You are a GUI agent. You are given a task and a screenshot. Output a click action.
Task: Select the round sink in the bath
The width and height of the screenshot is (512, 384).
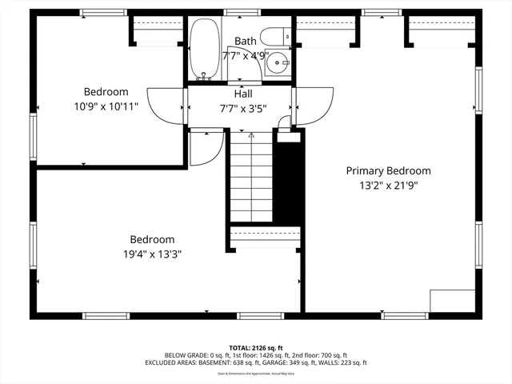(278, 62)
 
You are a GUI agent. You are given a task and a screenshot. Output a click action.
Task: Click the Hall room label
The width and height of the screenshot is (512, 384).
(244, 94)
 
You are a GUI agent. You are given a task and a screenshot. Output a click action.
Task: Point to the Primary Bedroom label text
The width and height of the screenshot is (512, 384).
(388, 170)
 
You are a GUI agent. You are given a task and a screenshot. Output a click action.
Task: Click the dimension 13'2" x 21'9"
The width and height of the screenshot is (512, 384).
(388, 186)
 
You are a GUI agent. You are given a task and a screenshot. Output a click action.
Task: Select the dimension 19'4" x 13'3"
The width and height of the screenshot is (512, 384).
(152, 254)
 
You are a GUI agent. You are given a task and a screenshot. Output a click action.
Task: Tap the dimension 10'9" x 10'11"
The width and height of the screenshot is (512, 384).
(106, 106)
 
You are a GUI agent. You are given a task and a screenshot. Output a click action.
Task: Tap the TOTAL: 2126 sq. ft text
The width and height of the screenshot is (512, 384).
(255, 348)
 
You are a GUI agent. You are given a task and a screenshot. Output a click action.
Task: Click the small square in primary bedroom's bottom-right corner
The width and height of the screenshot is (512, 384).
(453, 301)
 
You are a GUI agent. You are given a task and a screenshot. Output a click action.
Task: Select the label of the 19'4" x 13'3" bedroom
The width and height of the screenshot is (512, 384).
(152, 239)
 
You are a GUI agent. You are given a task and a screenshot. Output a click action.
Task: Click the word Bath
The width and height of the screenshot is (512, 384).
(245, 41)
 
